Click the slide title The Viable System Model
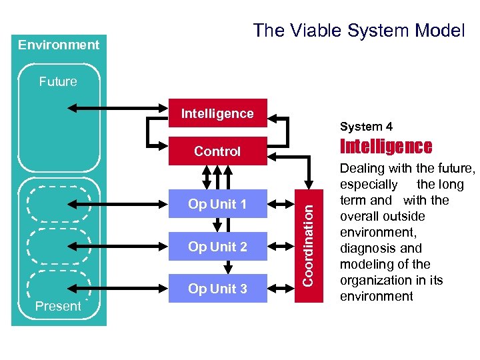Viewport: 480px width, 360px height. pyautogui.click(x=359, y=30)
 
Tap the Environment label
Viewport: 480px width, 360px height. pyautogui.click(x=59, y=45)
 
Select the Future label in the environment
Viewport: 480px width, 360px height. pyautogui.click(x=58, y=81)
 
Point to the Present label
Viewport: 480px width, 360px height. pyautogui.click(x=58, y=307)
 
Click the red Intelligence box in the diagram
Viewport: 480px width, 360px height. pyautogui.click(x=217, y=113)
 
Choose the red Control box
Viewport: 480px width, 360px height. pyautogui.click(x=217, y=151)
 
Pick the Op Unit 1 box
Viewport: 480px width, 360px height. pyautogui.click(x=217, y=204)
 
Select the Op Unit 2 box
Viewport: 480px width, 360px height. pyautogui.click(x=217, y=247)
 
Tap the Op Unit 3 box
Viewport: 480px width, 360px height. pyautogui.click(x=217, y=289)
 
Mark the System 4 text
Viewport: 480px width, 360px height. pyautogui.click(x=366, y=127)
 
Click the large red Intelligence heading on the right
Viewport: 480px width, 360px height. pyautogui.click(x=386, y=147)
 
